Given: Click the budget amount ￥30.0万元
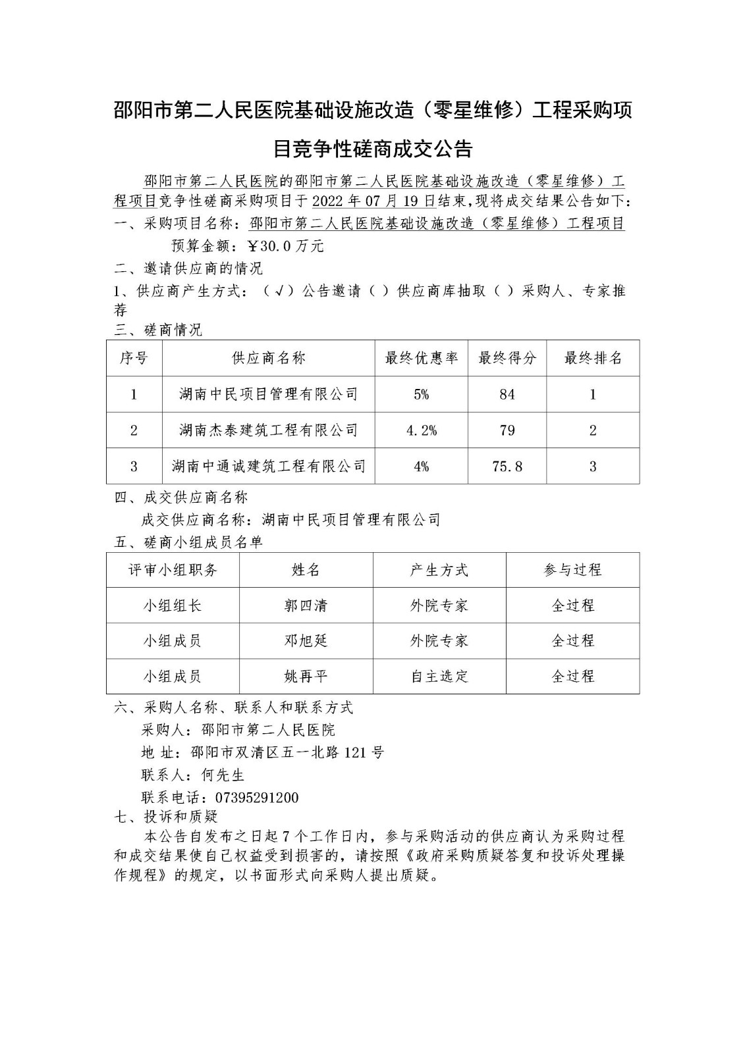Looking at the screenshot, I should point(285,246).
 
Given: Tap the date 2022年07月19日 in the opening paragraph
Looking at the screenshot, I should point(379,201).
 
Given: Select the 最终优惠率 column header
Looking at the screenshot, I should point(421,358).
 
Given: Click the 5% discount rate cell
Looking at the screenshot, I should point(421,394).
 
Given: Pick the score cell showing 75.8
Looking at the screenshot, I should point(507,466).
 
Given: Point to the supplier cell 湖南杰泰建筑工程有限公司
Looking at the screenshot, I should point(269,430).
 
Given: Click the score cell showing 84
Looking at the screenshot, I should point(507,394).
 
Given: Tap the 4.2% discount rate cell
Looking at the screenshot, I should point(421,430).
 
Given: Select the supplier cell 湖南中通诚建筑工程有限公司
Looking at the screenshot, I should point(269,466).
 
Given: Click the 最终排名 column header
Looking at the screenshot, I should point(593,358).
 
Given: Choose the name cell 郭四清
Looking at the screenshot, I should point(306,605).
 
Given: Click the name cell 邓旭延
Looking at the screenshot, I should point(306,640).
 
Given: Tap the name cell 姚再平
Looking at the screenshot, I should point(306,676).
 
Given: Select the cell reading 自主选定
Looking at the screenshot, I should point(439,676).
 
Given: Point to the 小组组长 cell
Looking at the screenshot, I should point(173,605).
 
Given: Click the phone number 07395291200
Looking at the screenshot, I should point(248,798).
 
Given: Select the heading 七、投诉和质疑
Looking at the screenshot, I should point(166,817).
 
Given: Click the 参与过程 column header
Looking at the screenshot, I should point(572,570).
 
